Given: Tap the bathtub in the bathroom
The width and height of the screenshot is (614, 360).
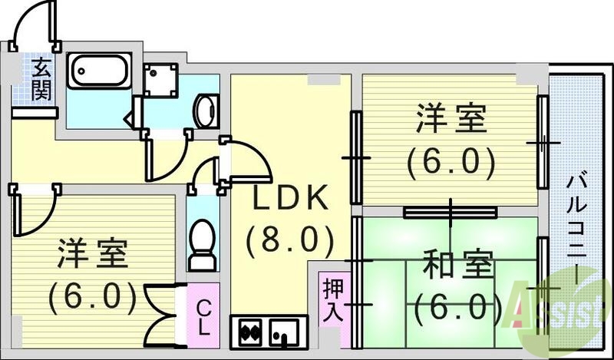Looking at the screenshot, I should tap(99, 72).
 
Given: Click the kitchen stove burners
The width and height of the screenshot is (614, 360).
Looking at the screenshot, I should tap(253, 332).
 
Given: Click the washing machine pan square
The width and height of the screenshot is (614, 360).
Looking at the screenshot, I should tap(161, 81).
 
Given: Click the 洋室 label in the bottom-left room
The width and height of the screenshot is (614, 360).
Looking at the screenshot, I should tap(91, 254).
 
